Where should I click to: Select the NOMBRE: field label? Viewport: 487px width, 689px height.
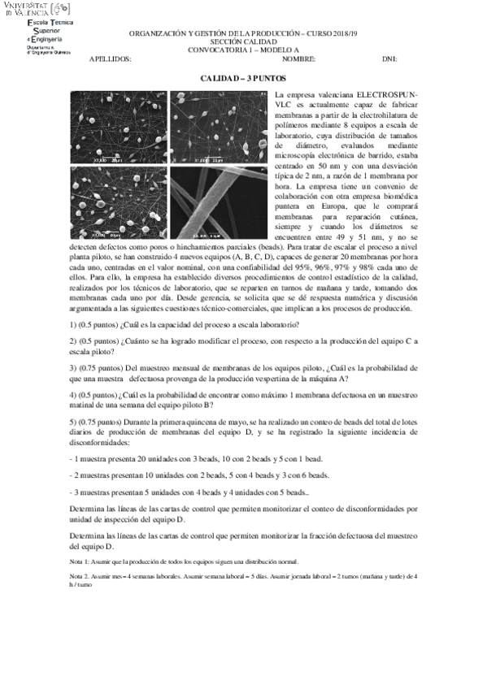point(298,60)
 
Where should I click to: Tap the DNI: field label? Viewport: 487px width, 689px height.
point(389,60)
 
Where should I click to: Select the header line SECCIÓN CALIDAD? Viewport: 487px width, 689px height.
point(243,41)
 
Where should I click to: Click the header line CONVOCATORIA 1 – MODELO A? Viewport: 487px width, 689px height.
point(243,50)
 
